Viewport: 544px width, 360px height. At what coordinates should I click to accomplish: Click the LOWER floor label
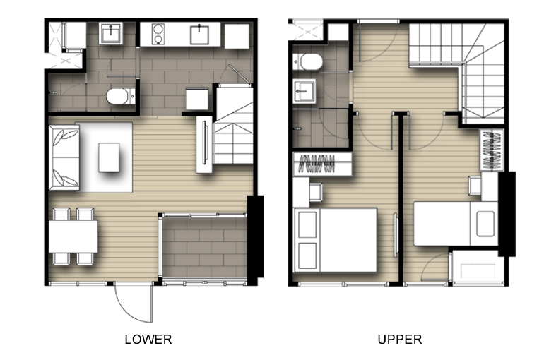pos(148,340)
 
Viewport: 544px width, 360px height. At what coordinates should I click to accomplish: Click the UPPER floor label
pos(400,340)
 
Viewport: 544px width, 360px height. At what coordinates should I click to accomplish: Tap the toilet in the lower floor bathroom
pos(120,96)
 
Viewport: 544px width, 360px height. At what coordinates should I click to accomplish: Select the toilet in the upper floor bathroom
pos(308,62)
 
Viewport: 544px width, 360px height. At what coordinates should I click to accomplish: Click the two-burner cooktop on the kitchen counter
pos(158,34)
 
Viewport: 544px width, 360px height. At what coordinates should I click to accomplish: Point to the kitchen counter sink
pos(199,35)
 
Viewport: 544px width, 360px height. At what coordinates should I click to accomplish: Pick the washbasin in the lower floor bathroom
pos(111,33)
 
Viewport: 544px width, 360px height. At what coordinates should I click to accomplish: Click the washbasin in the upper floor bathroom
pos(304,92)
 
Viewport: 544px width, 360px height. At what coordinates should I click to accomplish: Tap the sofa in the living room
pos(64,157)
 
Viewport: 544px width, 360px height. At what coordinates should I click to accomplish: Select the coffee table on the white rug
pos(109,157)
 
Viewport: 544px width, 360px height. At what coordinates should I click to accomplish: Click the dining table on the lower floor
pos(73,236)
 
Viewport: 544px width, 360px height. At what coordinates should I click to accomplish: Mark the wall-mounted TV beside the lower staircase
pos(204,144)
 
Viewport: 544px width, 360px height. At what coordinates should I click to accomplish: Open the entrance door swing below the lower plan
pos(134,302)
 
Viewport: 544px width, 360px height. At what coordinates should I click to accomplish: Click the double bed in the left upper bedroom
pos(336,240)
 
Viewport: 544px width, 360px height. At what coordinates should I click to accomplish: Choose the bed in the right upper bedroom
pos(456,224)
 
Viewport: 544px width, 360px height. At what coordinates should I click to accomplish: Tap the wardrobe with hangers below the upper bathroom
pos(323,164)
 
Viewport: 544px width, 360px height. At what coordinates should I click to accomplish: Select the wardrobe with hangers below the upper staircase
pos(492,150)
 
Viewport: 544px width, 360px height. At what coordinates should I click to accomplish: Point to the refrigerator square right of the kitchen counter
pos(237,36)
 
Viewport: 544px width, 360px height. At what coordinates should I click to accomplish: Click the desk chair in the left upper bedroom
pos(316,192)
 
